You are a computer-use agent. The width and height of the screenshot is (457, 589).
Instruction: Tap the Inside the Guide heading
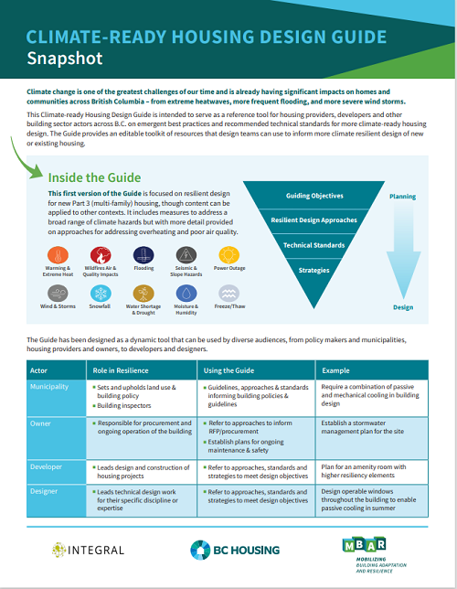point(95,177)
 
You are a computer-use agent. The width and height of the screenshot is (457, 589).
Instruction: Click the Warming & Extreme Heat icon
point(59,254)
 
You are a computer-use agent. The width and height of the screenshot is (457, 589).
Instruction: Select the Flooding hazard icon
point(143,254)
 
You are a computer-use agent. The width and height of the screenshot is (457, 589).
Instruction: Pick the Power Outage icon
point(228,254)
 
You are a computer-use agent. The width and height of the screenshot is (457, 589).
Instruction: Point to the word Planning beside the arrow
point(403,197)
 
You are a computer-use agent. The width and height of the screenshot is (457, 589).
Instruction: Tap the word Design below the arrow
point(403,307)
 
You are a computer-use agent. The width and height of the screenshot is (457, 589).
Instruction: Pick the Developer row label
point(49,466)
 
